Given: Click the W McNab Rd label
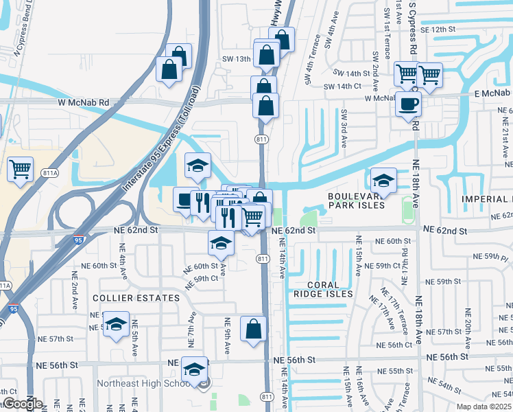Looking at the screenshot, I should point(85,102).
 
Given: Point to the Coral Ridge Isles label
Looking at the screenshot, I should point(322,289).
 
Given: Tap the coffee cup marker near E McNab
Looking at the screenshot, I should point(409,104).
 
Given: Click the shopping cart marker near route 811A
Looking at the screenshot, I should point(21,168).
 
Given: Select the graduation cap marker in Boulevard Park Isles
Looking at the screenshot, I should point(384,181).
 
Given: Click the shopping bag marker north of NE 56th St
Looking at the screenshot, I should point(253,329).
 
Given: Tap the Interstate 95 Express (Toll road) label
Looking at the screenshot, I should point(156,141).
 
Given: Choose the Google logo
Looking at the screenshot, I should point(21,404).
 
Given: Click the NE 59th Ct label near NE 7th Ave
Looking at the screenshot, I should point(205,278).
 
